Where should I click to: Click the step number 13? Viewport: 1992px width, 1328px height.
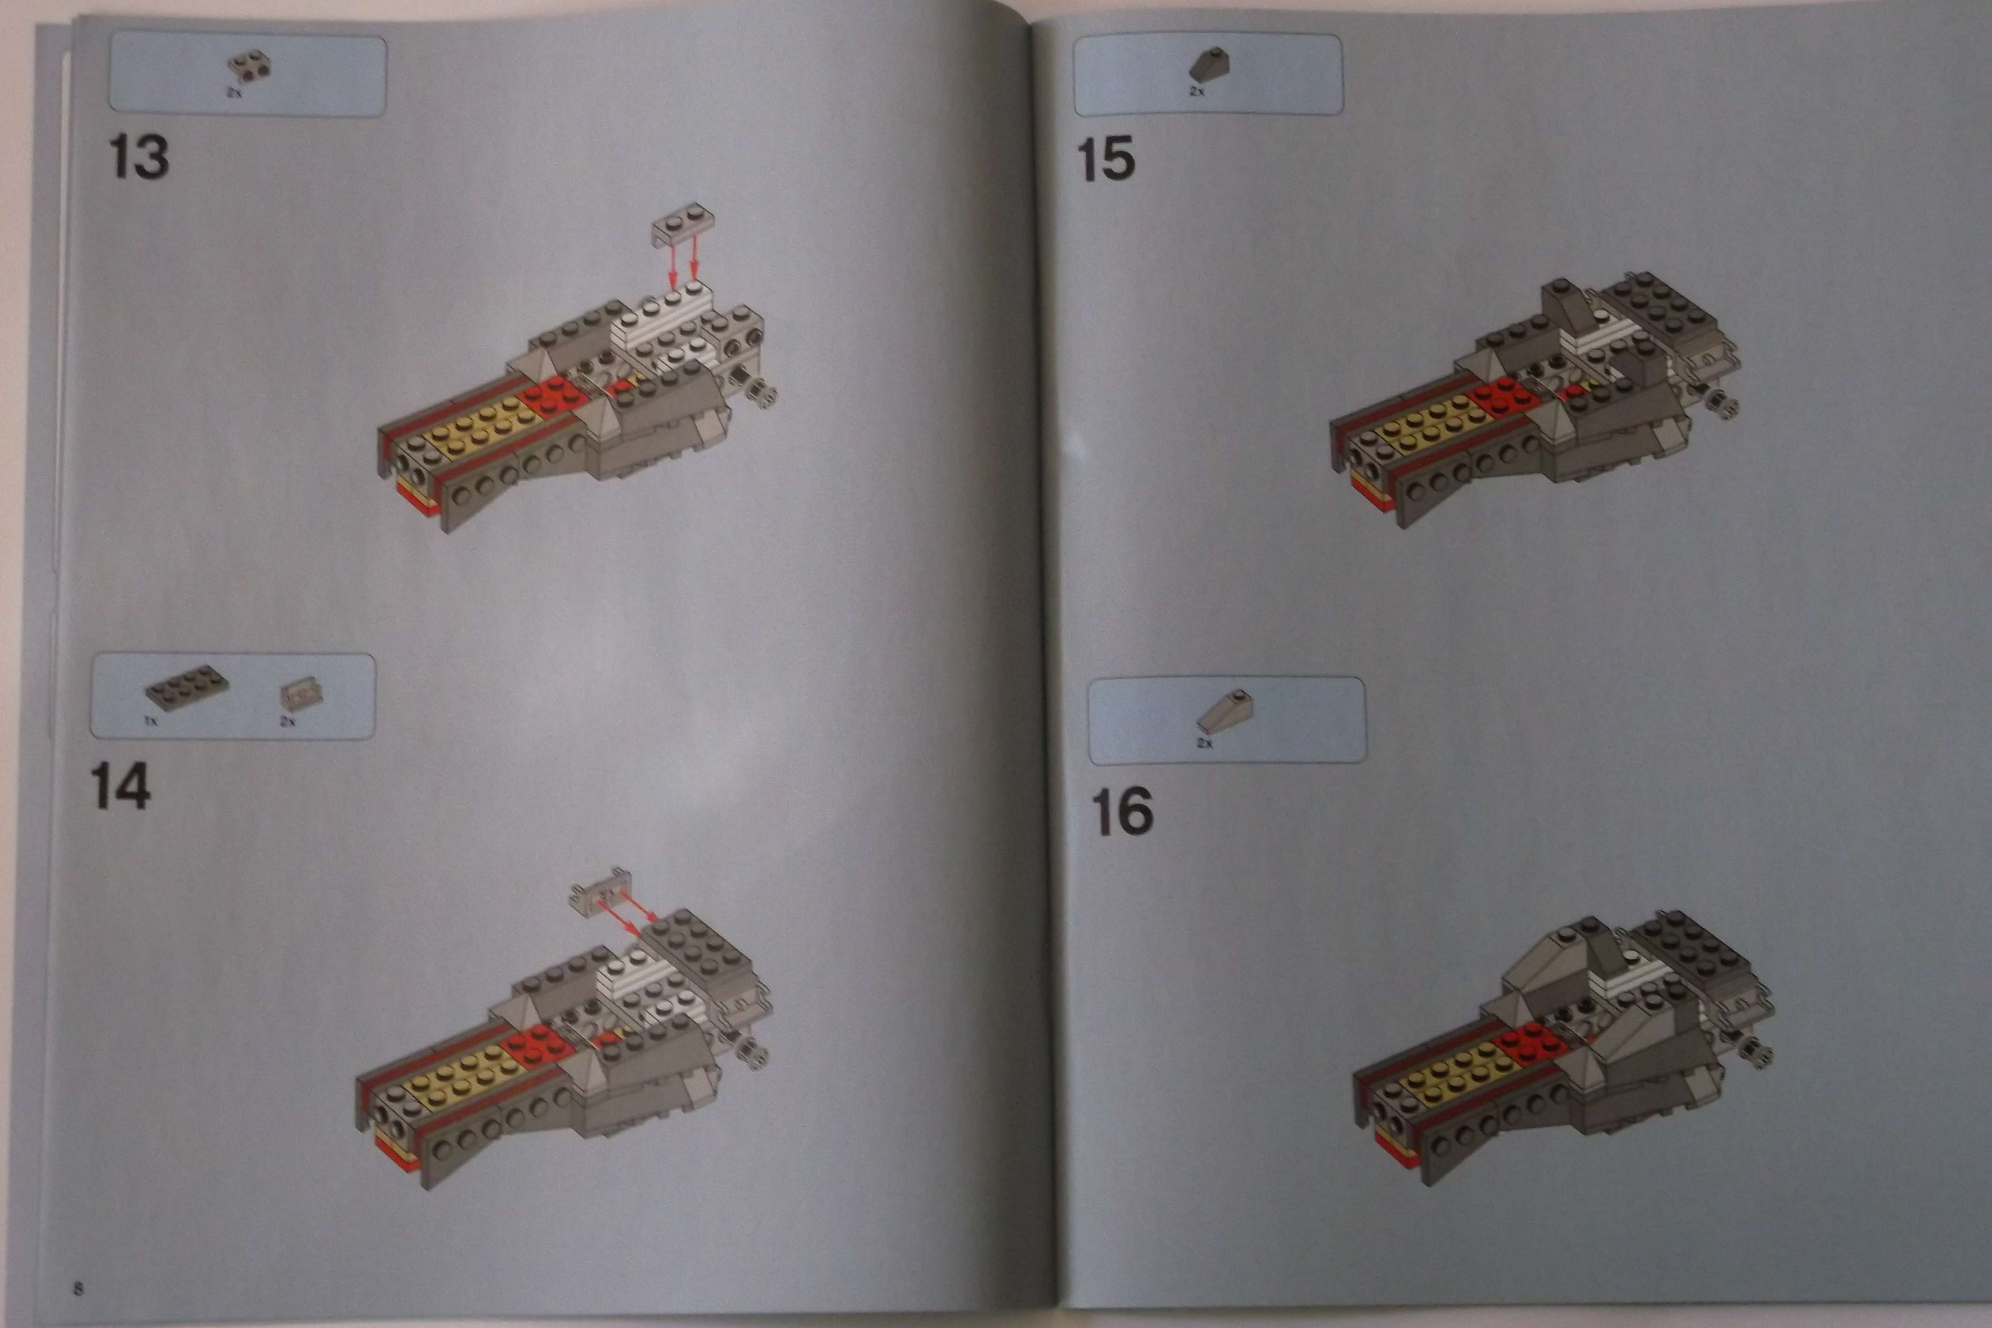pyautogui.click(x=139, y=159)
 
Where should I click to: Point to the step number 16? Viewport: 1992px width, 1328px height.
pyautogui.click(x=1123, y=811)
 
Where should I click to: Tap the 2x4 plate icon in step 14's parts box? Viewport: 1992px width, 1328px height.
pyautogui.click(x=187, y=692)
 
